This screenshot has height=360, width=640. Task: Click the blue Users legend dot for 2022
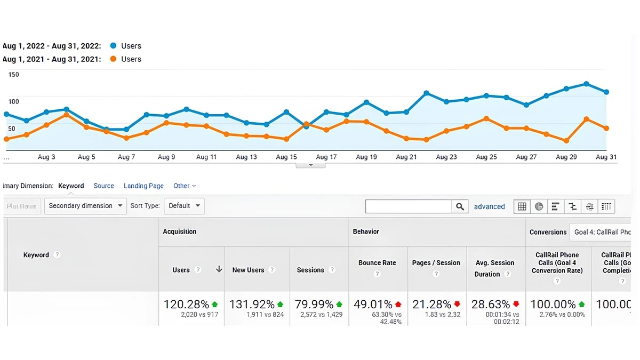113,46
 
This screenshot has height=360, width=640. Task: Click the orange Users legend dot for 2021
113,59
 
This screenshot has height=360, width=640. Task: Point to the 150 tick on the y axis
13,75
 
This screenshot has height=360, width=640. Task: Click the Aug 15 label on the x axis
286,157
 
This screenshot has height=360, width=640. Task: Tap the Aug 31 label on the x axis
606,157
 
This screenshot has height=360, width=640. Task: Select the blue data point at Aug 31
606,92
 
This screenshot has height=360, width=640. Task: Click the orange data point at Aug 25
486,118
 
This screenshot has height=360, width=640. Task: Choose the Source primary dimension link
103,186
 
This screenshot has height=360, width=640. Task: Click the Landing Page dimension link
143,186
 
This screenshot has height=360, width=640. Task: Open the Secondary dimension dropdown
85,206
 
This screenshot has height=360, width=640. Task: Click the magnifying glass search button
460,207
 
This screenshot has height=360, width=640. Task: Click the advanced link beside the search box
489,207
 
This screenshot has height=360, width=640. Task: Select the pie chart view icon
539,207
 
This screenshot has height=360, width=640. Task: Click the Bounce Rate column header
377,263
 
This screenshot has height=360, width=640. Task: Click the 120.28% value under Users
186,305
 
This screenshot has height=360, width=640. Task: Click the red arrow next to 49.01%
398,305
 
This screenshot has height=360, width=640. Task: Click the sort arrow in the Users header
219,270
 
